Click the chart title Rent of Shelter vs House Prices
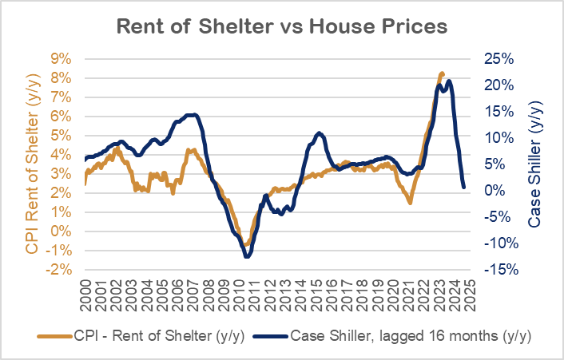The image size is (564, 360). (282, 26)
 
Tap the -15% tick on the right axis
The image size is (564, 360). (500, 269)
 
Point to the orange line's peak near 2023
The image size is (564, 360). (442, 73)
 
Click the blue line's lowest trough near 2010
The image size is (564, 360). (247, 256)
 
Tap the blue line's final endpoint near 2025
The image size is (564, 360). (464, 188)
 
